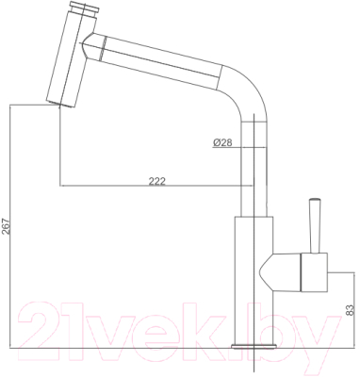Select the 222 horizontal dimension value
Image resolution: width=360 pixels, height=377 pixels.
[x=157, y=181]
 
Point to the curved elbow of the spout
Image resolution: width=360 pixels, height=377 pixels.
[x=240, y=90]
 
